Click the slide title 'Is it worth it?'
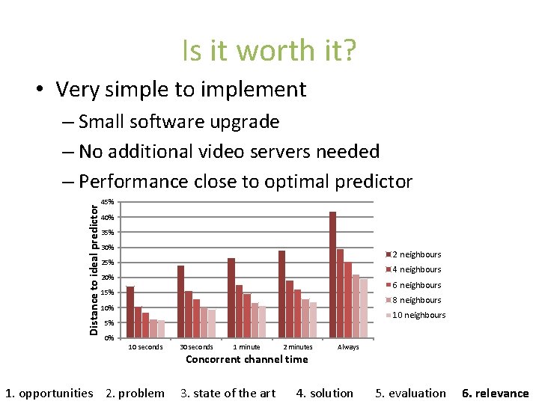tap(269, 51)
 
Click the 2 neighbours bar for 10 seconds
tap(130, 312)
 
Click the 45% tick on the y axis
tap(108, 202)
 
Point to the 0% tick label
tap(109, 338)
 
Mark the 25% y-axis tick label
tap(108, 263)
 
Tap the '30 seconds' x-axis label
tap(196, 347)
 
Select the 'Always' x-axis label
tap(348, 347)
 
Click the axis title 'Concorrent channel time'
tap(246, 359)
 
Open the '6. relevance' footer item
tap(495, 393)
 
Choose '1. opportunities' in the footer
tap(49, 393)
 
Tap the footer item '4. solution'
tap(325, 393)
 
